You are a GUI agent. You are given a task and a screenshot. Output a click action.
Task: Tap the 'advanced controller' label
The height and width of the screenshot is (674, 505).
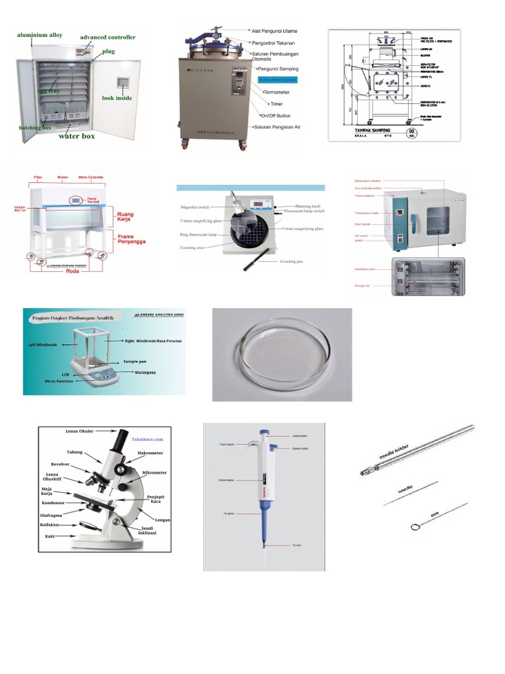(108, 38)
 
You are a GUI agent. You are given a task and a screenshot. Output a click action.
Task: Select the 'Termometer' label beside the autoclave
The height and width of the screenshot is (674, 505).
(281, 93)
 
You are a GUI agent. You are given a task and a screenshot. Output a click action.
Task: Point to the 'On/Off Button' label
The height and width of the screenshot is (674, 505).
(275, 115)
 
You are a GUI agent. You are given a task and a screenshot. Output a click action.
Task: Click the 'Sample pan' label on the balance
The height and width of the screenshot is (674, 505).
(134, 361)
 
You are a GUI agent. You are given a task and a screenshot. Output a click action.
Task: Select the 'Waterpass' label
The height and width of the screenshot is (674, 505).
(149, 372)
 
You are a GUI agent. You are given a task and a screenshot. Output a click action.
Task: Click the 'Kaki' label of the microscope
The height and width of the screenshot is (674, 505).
(50, 536)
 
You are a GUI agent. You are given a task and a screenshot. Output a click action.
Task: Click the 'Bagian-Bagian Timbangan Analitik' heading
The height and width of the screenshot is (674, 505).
(76, 318)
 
